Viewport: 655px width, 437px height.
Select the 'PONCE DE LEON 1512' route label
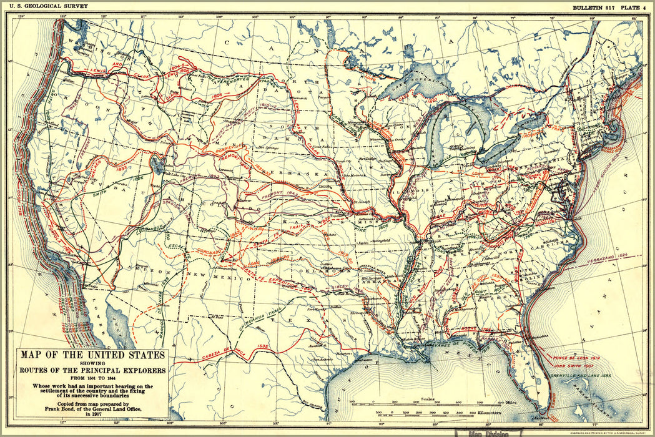click(576, 358)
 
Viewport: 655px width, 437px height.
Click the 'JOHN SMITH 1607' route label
click(572, 366)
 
